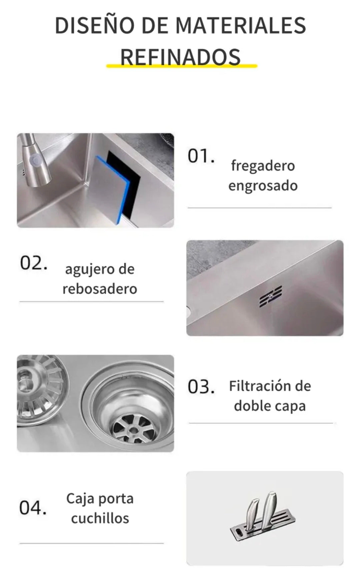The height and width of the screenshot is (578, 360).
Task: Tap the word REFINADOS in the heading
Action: tap(180, 57)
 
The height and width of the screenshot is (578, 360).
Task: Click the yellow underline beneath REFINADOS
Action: tap(182, 66)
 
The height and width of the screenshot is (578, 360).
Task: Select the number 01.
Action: tap(201, 156)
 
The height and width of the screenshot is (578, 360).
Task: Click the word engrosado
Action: tap(263, 186)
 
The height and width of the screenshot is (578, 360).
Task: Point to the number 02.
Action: tap(33, 263)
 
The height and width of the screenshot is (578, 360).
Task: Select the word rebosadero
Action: tap(100, 288)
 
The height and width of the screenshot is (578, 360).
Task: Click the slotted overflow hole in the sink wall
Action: tap(271, 296)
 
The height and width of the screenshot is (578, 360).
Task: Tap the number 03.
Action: tap(201, 387)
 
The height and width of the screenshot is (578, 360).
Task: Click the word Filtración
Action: tap(256, 386)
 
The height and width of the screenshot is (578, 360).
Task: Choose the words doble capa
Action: tap(270, 406)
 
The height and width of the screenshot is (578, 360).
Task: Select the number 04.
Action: tap(33, 508)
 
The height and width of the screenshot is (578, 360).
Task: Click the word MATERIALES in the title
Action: tap(240, 26)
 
